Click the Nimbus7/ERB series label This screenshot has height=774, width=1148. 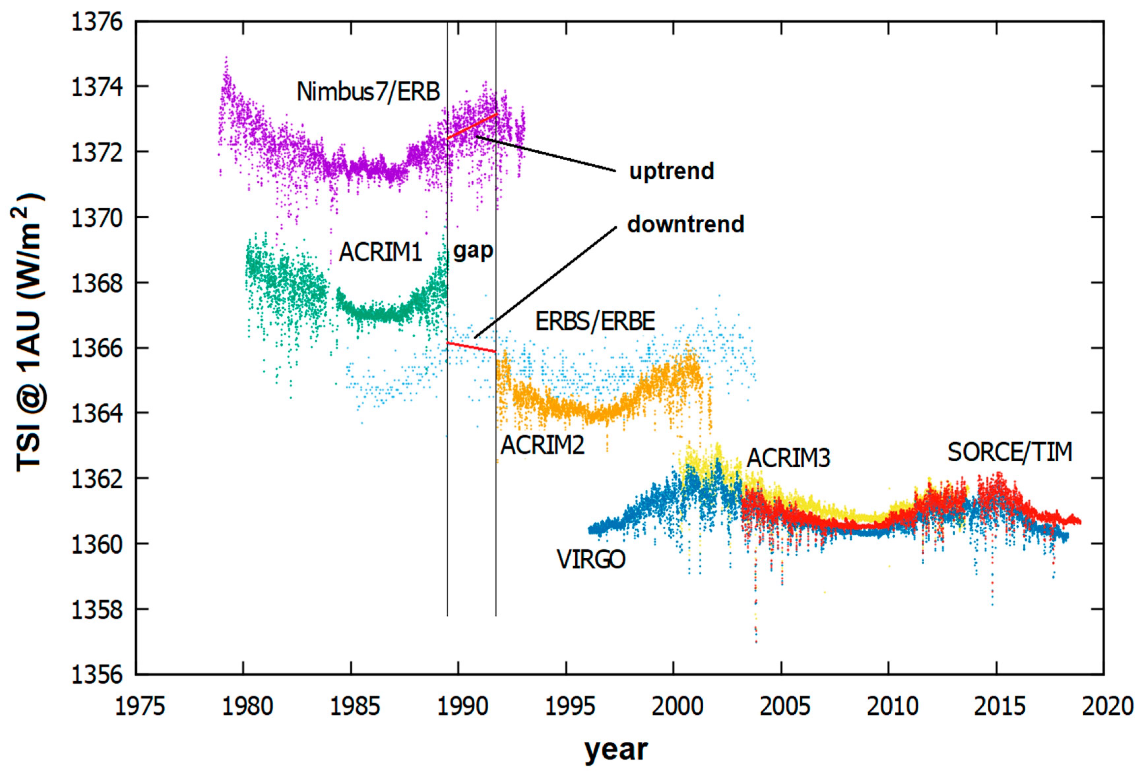point(368,92)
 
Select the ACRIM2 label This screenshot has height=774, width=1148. point(542,445)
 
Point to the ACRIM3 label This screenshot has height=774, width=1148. point(788,458)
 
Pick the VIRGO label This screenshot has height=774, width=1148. point(590,560)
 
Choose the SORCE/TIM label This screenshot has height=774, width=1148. point(1010,452)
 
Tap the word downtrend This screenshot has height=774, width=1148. point(686,225)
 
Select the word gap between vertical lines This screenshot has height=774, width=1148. point(472,251)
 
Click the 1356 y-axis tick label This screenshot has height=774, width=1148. point(97,674)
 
